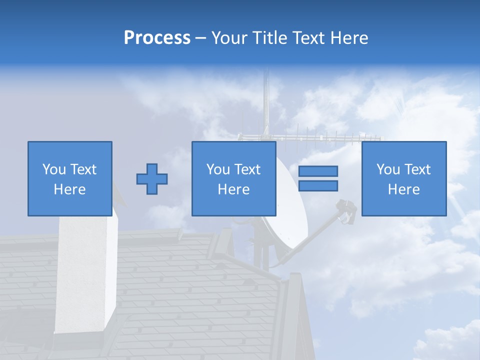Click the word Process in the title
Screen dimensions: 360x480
(157, 38)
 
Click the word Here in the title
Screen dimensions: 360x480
(349, 38)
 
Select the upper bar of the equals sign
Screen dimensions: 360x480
(318, 171)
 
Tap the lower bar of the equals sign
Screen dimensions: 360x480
(318, 186)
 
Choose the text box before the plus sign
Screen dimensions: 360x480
(70, 178)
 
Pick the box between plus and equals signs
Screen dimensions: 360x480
(233, 178)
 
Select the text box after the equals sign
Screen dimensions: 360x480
(403, 178)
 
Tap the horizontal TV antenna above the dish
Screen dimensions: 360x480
(310, 136)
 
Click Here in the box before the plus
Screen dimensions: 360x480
(70, 189)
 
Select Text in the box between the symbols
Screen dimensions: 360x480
(247, 169)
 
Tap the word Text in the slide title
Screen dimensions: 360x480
(307, 38)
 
